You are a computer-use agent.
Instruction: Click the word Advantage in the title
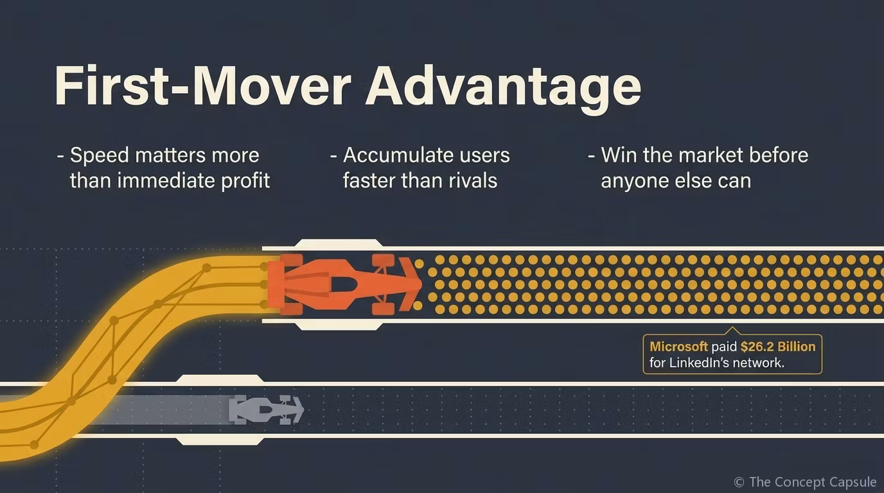503,88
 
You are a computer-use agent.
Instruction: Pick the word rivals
473,180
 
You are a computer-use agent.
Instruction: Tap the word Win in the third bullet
619,155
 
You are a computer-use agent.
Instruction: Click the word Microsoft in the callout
678,347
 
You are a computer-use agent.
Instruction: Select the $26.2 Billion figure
778,347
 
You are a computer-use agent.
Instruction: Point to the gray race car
267,410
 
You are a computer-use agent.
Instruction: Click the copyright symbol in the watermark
739,482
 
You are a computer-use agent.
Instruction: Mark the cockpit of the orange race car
342,284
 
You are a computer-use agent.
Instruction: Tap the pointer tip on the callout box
732,327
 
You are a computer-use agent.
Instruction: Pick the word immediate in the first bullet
166,180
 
